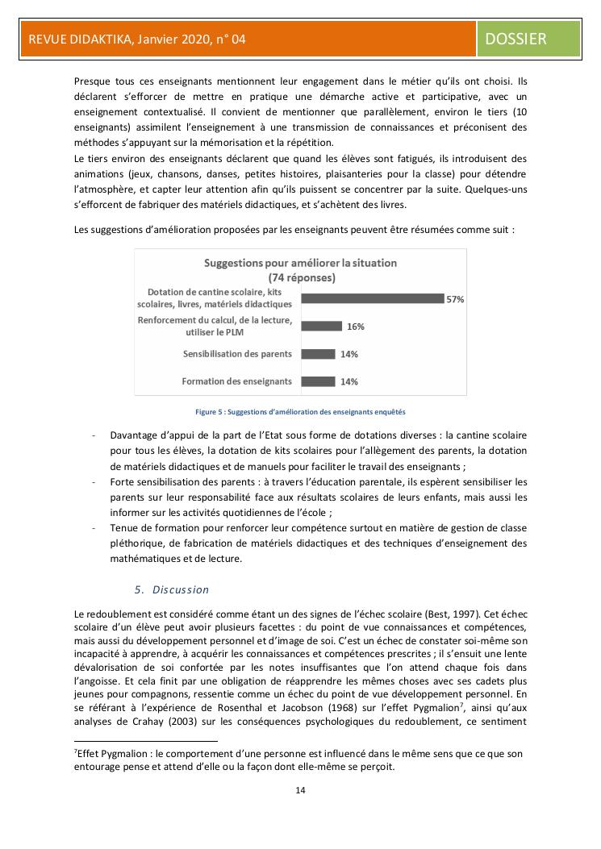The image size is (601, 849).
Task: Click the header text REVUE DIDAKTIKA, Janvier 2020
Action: pos(137,39)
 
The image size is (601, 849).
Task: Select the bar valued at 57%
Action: pos(372,298)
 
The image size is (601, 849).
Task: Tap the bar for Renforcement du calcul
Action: pos(321,326)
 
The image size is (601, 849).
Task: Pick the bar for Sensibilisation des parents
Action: pos(318,353)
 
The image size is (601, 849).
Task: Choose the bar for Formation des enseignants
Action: pos(318,381)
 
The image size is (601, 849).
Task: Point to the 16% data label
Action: pos(356,327)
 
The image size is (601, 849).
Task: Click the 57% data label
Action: pos(455,299)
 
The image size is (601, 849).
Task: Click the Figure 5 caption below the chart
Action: pos(300,411)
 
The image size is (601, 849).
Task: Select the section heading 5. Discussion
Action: pos(172,589)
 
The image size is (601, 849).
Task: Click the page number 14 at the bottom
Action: pos(300,789)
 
